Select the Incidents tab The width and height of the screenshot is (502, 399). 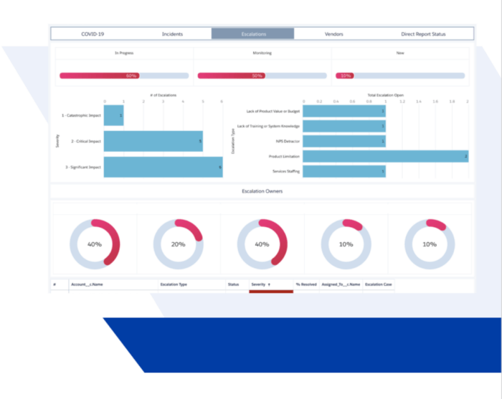(172, 34)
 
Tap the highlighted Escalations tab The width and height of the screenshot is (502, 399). (252, 34)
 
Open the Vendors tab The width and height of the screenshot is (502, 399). (333, 34)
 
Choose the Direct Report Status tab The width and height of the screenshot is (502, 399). (423, 34)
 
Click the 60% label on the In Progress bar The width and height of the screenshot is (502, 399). (131, 75)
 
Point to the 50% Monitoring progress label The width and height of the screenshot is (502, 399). (257, 75)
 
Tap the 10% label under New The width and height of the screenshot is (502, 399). (346, 75)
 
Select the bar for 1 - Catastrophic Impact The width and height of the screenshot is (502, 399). (113, 115)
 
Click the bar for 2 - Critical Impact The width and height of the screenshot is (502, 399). (153, 141)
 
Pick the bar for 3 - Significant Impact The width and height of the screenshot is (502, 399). (163, 167)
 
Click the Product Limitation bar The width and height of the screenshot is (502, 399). (385, 156)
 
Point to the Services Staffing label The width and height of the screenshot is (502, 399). (286, 172)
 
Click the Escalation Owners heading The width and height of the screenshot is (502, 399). (262, 191)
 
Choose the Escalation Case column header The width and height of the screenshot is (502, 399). (378, 284)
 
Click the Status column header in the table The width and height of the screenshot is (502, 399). (233, 284)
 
